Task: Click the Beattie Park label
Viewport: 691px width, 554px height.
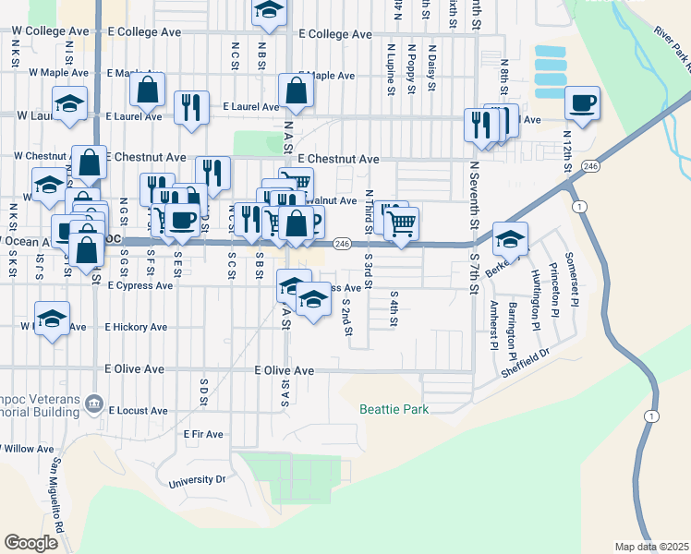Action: [x=394, y=409]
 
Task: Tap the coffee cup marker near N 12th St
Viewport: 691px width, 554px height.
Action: [x=582, y=103]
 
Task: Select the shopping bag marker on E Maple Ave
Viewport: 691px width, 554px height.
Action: [x=148, y=90]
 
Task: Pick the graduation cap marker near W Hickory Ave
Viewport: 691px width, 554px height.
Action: [x=53, y=319]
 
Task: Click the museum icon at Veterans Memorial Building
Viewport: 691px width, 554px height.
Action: [x=93, y=403]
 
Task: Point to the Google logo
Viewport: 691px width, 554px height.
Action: [x=30, y=543]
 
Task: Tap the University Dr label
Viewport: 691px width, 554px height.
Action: [x=197, y=480]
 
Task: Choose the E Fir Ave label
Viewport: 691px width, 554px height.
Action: [x=203, y=434]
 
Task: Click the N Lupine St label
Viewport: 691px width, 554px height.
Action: [x=392, y=68]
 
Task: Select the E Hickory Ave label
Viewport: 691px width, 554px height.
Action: [x=136, y=327]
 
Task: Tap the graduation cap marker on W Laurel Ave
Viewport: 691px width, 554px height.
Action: [x=69, y=103]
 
